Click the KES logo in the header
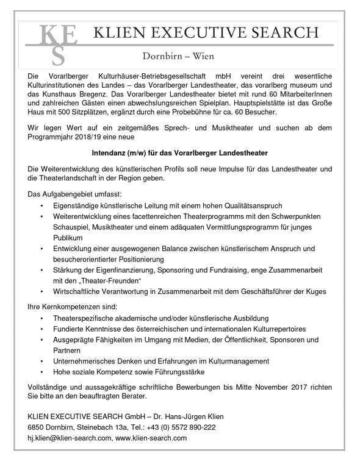(58, 43)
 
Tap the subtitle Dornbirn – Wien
(179, 57)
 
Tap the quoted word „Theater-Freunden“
(109, 281)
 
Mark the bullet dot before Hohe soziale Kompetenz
(41, 371)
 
